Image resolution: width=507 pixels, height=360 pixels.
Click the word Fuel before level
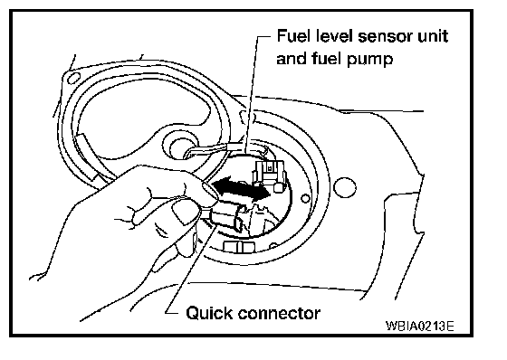pyautogui.click(x=294, y=36)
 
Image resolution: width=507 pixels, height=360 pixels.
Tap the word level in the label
pyautogui.click(x=334, y=36)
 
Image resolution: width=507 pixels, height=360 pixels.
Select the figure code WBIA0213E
pyautogui.click(x=420, y=326)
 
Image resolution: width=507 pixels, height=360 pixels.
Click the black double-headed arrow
pyautogui.click(x=241, y=190)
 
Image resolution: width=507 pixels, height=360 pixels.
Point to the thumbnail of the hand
pyautogui.click(x=184, y=212)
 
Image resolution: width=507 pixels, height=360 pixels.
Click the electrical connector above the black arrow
pyautogui.click(x=269, y=175)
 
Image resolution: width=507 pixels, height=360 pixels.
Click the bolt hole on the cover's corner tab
pyautogui.click(x=73, y=78)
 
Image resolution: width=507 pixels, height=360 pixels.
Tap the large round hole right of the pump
pyautogui.click(x=345, y=188)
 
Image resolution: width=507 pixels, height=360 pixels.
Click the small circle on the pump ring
pyautogui.click(x=305, y=198)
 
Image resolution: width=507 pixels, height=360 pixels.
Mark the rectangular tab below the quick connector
pyautogui.click(x=239, y=246)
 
